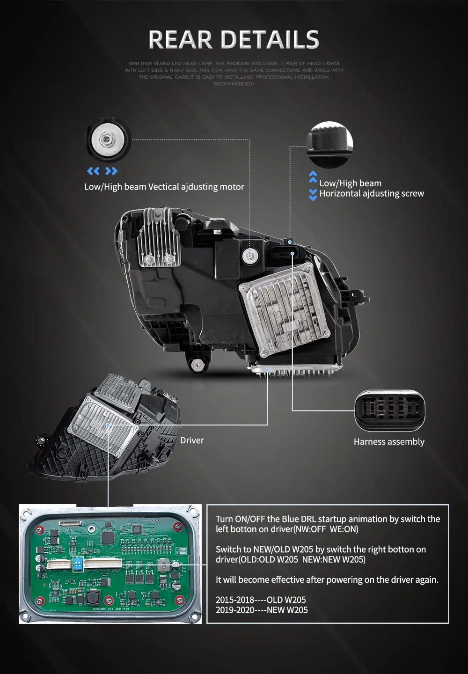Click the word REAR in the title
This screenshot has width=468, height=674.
180,40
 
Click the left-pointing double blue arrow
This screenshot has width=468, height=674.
94,171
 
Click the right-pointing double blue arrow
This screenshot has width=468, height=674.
111,171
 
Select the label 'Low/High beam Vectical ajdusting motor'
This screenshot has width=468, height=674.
164,187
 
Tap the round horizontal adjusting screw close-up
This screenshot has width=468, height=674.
330,145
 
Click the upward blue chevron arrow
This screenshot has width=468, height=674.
313,177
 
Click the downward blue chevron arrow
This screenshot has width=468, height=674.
313,195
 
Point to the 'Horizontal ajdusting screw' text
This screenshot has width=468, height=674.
372,194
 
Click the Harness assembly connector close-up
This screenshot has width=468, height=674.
389,410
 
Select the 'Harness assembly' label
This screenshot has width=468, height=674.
389,442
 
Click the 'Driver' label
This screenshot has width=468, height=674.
192,440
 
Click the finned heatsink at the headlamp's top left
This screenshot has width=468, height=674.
159,239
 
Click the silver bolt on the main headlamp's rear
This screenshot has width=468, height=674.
249,256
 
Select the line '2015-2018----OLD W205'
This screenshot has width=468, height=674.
261,600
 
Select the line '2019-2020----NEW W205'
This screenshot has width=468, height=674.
262,610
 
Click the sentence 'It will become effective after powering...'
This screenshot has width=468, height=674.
327,579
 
